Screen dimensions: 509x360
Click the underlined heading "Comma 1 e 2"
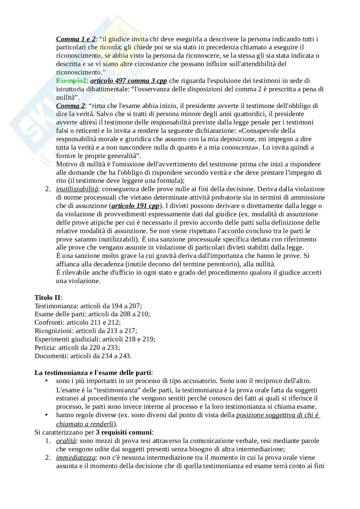coord(76,39)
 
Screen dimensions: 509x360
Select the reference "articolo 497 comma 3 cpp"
coord(128,81)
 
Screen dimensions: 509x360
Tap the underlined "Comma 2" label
coord(71,106)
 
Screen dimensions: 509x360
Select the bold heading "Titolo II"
coord(47,297)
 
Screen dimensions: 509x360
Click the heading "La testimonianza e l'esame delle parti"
coord(93,373)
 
